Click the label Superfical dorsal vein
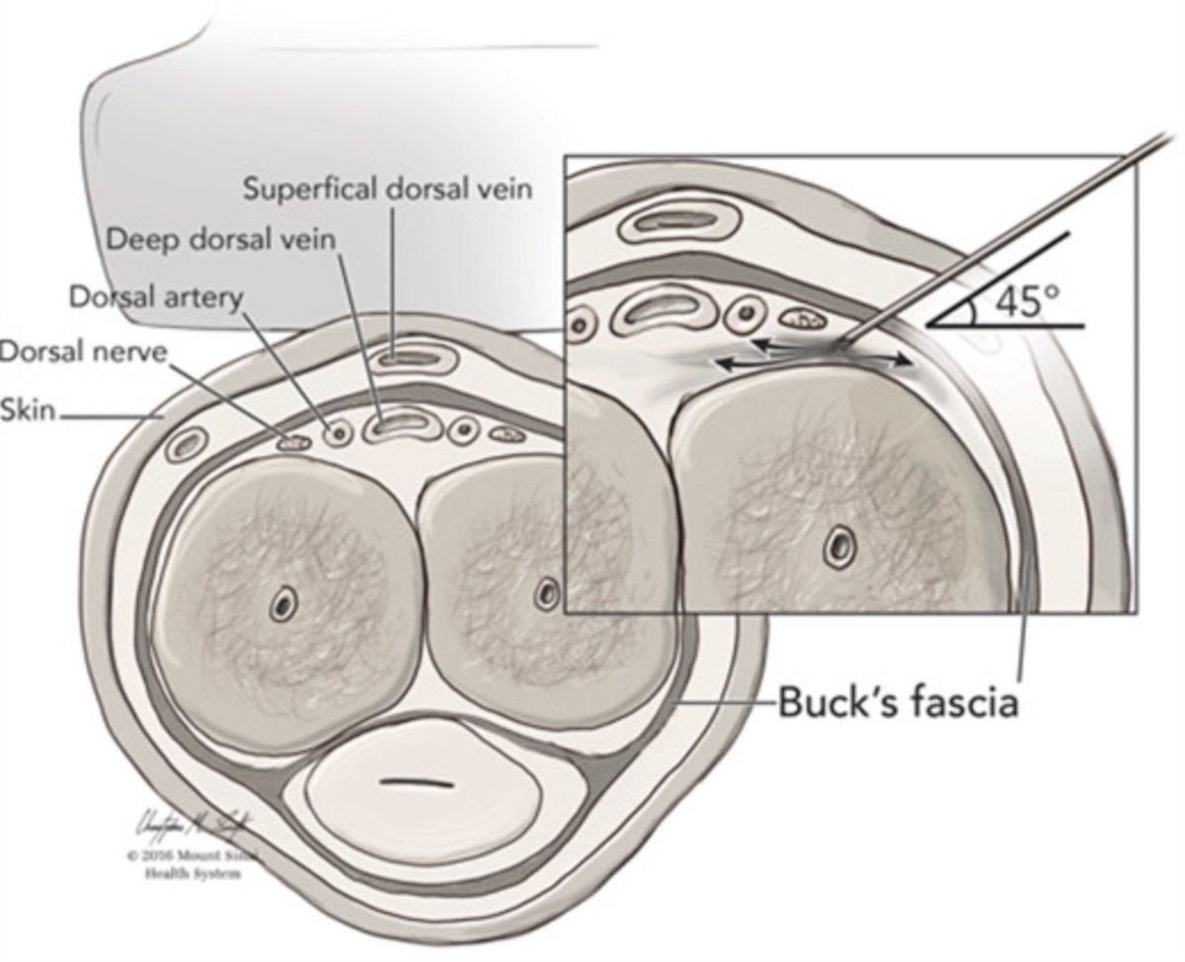coord(388,189)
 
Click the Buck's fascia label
coord(898,702)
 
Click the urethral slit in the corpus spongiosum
coord(418,783)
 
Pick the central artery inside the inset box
coord(841,542)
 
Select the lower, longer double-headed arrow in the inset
coord(812,362)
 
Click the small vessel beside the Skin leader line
coord(184,444)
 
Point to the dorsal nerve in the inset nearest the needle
coord(805,319)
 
